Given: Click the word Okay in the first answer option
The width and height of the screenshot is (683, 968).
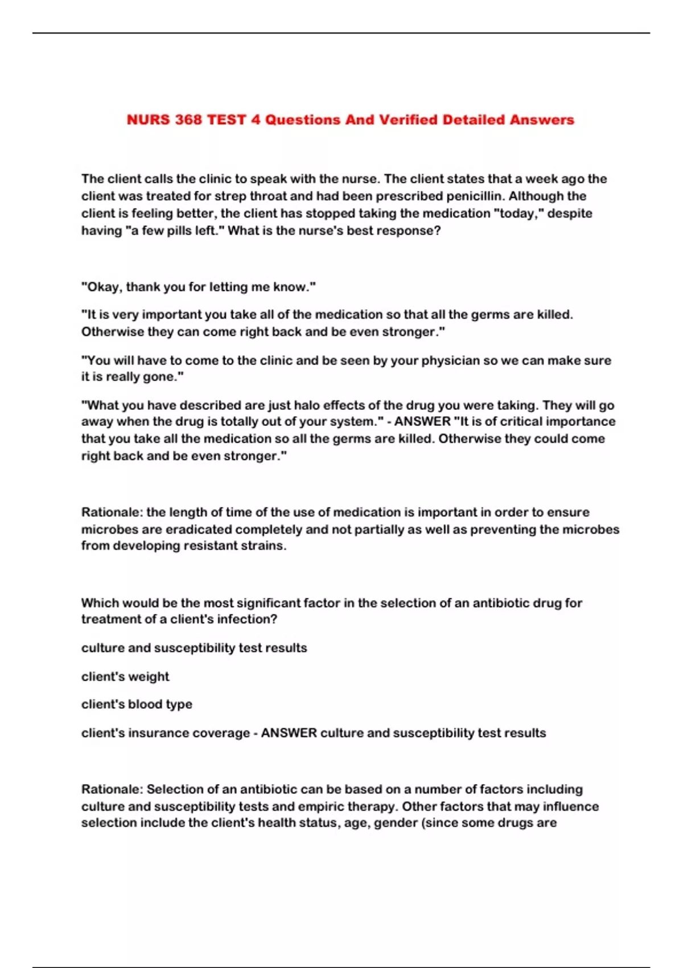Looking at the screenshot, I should coord(103,287).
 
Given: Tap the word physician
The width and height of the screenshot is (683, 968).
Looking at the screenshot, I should coord(450,360).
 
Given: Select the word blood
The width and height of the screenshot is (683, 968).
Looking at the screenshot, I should coord(145,704).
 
